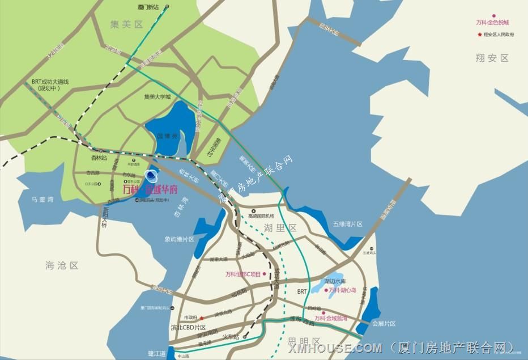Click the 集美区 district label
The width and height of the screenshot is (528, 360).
[128, 24]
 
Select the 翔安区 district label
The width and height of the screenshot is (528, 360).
[492, 58]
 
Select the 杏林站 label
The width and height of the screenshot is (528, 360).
[99, 158]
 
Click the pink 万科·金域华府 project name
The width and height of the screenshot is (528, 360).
[150, 189]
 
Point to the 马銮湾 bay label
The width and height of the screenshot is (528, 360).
[42, 199]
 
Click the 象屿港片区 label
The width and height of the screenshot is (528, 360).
[180, 239]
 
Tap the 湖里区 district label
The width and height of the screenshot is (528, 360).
[280, 228]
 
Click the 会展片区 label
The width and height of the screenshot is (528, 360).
[384, 324]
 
